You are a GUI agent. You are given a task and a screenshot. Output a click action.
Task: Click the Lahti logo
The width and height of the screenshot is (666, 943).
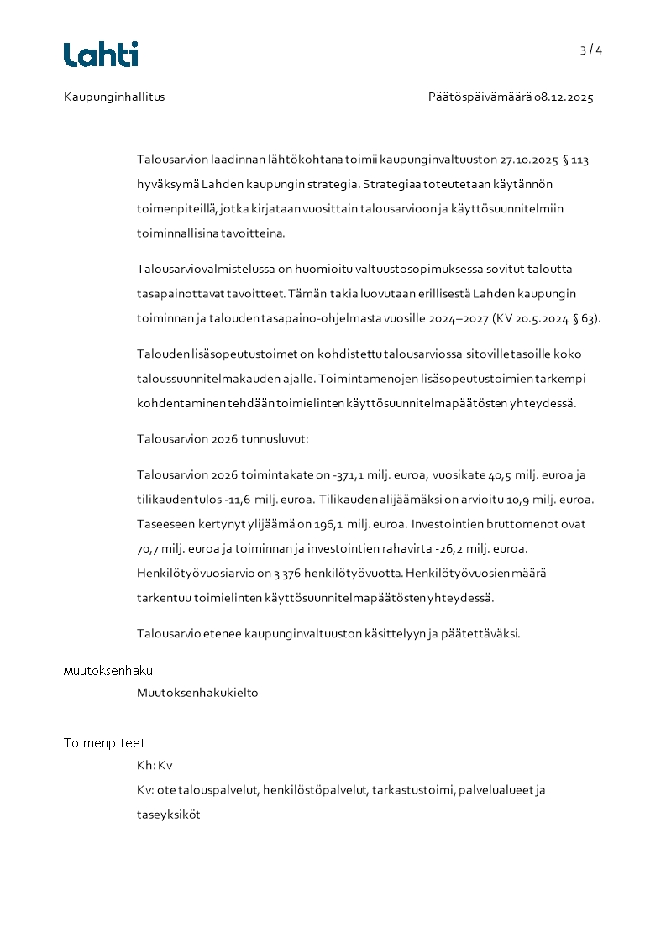tap(101, 55)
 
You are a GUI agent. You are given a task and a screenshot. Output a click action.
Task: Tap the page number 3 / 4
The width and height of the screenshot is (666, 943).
tap(591, 50)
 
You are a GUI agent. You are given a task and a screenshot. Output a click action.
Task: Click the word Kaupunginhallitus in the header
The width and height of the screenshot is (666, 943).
tap(114, 97)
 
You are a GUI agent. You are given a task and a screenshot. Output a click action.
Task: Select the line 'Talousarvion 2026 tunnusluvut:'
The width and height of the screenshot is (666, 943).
tap(223, 439)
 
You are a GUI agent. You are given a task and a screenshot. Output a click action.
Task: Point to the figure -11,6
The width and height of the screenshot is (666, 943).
tap(239, 500)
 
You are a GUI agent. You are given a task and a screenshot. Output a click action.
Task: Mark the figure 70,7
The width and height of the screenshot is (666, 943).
tap(149, 549)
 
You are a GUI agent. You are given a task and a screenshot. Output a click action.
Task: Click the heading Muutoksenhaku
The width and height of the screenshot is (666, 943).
tap(108, 671)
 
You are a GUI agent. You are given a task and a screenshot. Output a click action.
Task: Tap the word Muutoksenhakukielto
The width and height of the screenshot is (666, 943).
tap(197, 694)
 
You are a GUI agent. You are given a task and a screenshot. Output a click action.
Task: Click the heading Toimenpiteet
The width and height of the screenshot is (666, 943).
tap(104, 743)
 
